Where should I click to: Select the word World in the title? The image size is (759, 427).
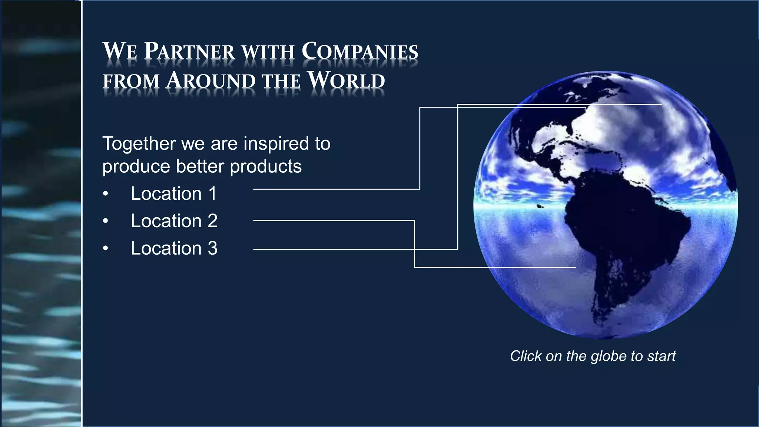click(347, 80)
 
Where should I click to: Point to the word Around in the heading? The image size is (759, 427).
click(211, 80)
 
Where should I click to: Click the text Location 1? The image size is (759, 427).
click(173, 193)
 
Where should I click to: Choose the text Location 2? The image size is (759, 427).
click(174, 221)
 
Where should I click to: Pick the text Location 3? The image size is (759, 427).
click(174, 248)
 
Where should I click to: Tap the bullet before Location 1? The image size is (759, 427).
click(106, 194)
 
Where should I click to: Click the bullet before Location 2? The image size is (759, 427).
click(106, 221)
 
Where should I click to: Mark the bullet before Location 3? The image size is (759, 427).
click(106, 249)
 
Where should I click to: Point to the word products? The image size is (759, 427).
click(265, 166)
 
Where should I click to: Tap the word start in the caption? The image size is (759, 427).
click(662, 357)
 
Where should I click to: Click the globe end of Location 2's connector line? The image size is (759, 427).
click(575, 267)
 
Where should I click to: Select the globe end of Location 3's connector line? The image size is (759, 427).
click(662, 105)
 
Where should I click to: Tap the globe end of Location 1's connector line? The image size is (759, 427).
click(586, 107)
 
